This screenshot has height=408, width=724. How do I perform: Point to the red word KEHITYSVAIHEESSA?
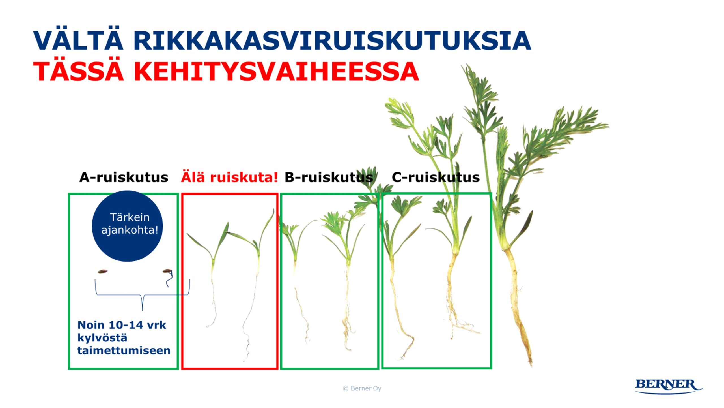point(276,71)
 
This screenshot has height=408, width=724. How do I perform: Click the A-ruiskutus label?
point(124,178)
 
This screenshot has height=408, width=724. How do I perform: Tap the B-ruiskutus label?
point(329,178)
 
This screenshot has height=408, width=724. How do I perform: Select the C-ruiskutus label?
point(436,178)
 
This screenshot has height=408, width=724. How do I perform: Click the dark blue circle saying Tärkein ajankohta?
point(127,226)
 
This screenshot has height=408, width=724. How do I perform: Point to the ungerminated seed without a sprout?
point(103,272)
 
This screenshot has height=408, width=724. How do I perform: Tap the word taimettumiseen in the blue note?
point(124,351)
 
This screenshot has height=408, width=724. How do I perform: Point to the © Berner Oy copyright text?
point(362,388)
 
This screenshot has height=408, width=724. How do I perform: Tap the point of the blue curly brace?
point(142,311)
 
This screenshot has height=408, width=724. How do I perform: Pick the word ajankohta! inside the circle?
point(130,230)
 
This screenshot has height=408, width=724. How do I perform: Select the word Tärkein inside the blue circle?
point(130,217)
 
